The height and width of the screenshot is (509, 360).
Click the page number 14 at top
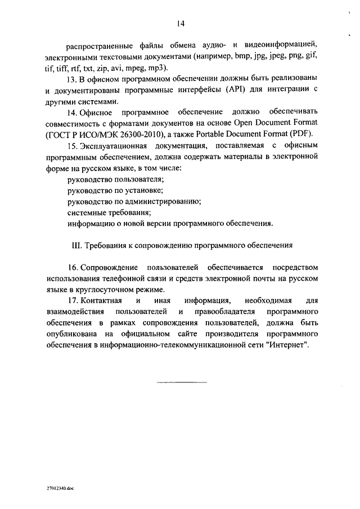pyautogui.click(x=180, y=24)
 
